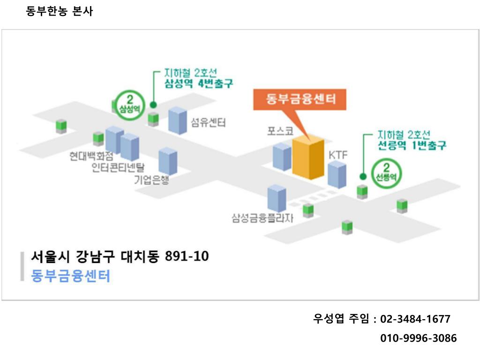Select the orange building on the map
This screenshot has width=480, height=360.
308,158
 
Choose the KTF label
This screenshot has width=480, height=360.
337,155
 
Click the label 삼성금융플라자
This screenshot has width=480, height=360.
262,218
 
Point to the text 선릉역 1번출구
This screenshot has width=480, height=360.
412,146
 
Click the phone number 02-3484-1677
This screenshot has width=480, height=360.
415,319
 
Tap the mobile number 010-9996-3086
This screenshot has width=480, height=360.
418,338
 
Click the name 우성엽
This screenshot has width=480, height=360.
329,319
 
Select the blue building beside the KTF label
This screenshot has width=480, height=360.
337,174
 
